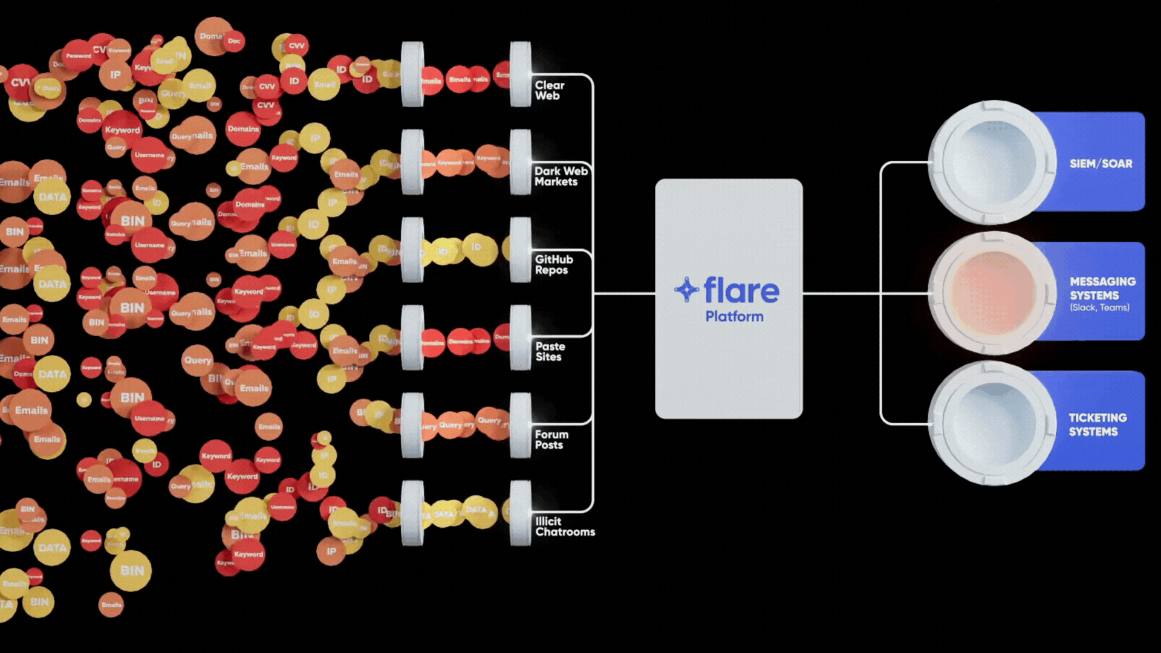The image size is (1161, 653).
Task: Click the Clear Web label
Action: pyautogui.click(x=549, y=91)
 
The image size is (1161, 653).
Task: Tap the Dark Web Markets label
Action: pyautogui.click(x=561, y=177)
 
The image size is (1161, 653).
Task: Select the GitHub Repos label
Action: pyautogui.click(x=553, y=265)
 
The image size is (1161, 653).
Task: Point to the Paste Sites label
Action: pyautogui.click(x=550, y=352)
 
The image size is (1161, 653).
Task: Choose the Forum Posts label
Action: pyautogui.click(x=551, y=440)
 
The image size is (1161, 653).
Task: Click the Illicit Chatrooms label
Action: pyautogui.click(x=564, y=527)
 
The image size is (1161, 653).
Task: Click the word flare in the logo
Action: pyautogui.click(x=741, y=291)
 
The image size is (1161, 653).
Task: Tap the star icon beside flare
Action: pyautogui.click(x=686, y=290)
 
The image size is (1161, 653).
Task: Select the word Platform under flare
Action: pyautogui.click(x=734, y=317)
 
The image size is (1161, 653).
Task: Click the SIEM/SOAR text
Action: pyautogui.click(x=1101, y=164)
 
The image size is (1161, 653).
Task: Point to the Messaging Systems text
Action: pyautogui.click(x=1102, y=288)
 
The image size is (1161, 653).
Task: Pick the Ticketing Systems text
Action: pyautogui.click(x=1097, y=424)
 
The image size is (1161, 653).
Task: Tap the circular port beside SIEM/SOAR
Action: pyautogui.click(x=992, y=161)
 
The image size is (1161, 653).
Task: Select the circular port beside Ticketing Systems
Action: pyautogui.click(x=992, y=423)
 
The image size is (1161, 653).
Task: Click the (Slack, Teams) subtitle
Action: pyautogui.click(x=1099, y=308)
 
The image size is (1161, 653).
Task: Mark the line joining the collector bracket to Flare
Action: pyautogui.click(x=624, y=294)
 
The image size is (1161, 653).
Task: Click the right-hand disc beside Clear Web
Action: pyautogui.click(x=520, y=74)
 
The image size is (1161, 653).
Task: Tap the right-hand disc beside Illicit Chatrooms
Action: pyautogui.click(x=520, y=513)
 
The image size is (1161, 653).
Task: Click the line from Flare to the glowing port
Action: pyautogui.click(x=847, y=294)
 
